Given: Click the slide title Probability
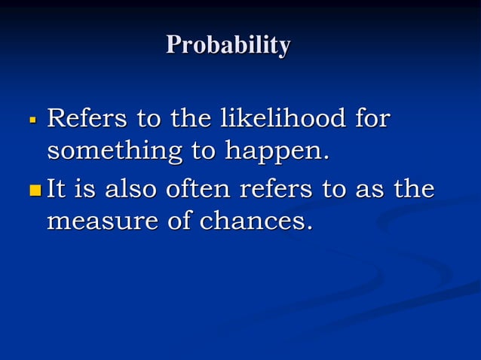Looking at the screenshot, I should (x=228, y=45).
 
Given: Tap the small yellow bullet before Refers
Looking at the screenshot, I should (x=32, y=120).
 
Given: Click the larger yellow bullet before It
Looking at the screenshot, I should (x=34, y=189).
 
